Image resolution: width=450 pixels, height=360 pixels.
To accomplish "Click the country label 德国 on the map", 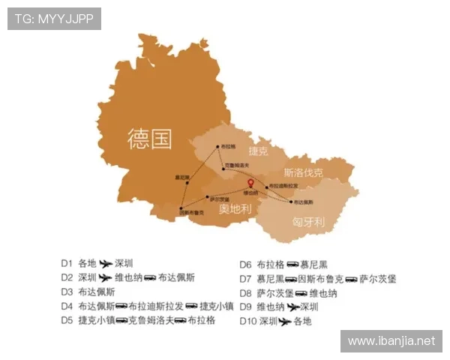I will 149,139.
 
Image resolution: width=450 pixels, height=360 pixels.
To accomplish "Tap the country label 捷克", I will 258,150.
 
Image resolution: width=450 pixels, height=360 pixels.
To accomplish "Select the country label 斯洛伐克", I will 303,173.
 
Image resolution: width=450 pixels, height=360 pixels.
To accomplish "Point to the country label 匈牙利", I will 307,223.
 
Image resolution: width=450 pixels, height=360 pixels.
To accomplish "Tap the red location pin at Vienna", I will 251,184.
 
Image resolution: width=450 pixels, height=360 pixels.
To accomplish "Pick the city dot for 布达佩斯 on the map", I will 291,202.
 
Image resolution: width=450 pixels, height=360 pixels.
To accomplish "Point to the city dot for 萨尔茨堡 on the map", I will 208,197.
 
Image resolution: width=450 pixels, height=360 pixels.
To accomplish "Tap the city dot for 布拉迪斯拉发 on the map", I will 265,185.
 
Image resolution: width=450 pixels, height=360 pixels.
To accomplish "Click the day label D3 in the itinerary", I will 67,292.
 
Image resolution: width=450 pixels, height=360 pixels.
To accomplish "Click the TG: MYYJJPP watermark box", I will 54,19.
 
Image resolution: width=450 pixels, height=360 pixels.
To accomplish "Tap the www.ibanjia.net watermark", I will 391,341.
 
